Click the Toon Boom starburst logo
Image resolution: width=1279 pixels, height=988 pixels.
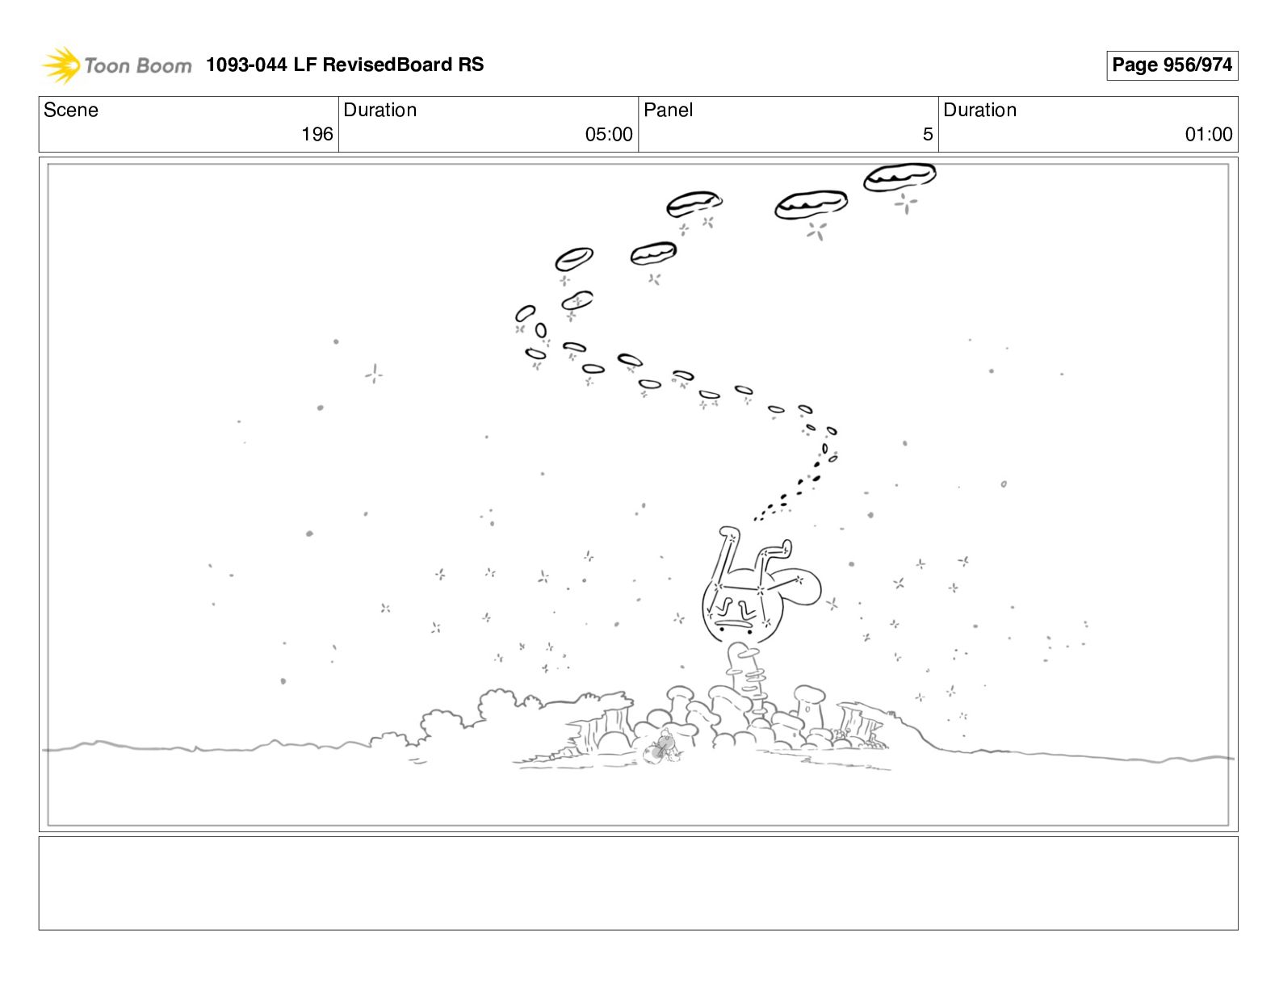(61, 65)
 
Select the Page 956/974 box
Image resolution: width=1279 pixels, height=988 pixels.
(1172, 65)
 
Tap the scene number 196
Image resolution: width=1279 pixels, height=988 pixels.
(317, 134)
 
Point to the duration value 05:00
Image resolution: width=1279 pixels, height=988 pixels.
(609, 134)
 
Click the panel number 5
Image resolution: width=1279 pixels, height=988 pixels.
(928, 134)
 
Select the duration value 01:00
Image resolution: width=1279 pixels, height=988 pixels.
(1209, 134)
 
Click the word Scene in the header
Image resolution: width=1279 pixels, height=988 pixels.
(70, 110)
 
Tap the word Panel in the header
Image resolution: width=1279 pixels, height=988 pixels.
(668, 110)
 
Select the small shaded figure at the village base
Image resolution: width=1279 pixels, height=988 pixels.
(661, 747)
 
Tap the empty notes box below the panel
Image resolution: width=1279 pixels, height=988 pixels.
(639, 883)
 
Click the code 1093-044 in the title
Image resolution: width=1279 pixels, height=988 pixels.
(246, 65)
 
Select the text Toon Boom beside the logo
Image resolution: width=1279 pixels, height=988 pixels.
(138, 65)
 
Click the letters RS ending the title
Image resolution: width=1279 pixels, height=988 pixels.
(471, 65)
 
